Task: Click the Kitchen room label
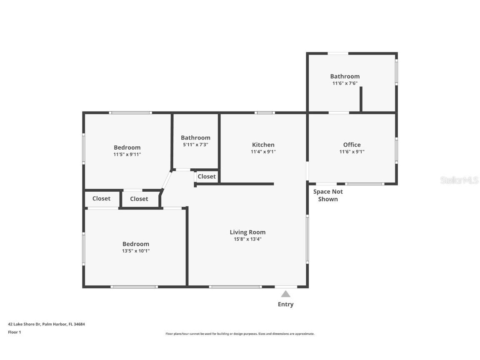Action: tap(263, 145)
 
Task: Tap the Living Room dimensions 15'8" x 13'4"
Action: tap(247, 239)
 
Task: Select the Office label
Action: tap(352, 145)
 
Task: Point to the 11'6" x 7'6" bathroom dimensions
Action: tap(345, 83)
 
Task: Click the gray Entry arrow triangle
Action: tap(285, 294)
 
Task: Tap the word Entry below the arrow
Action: tap(285, 305)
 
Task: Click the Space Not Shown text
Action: tap(328, 195)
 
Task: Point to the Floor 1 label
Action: tap(14, 332)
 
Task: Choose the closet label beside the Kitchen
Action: tap(207, 177)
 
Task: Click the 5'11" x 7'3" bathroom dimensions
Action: tap(195, 145)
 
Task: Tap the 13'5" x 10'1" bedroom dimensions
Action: tap(136, 251)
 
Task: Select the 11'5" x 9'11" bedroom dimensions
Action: tap(127, 154)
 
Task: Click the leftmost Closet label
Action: tap(101, 199)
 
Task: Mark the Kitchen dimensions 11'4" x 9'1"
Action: tap(263, 152)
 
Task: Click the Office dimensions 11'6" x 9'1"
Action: tap(352, 152)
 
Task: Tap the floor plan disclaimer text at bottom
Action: tap(240, 334)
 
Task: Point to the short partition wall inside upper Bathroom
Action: tap(361, 99)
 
